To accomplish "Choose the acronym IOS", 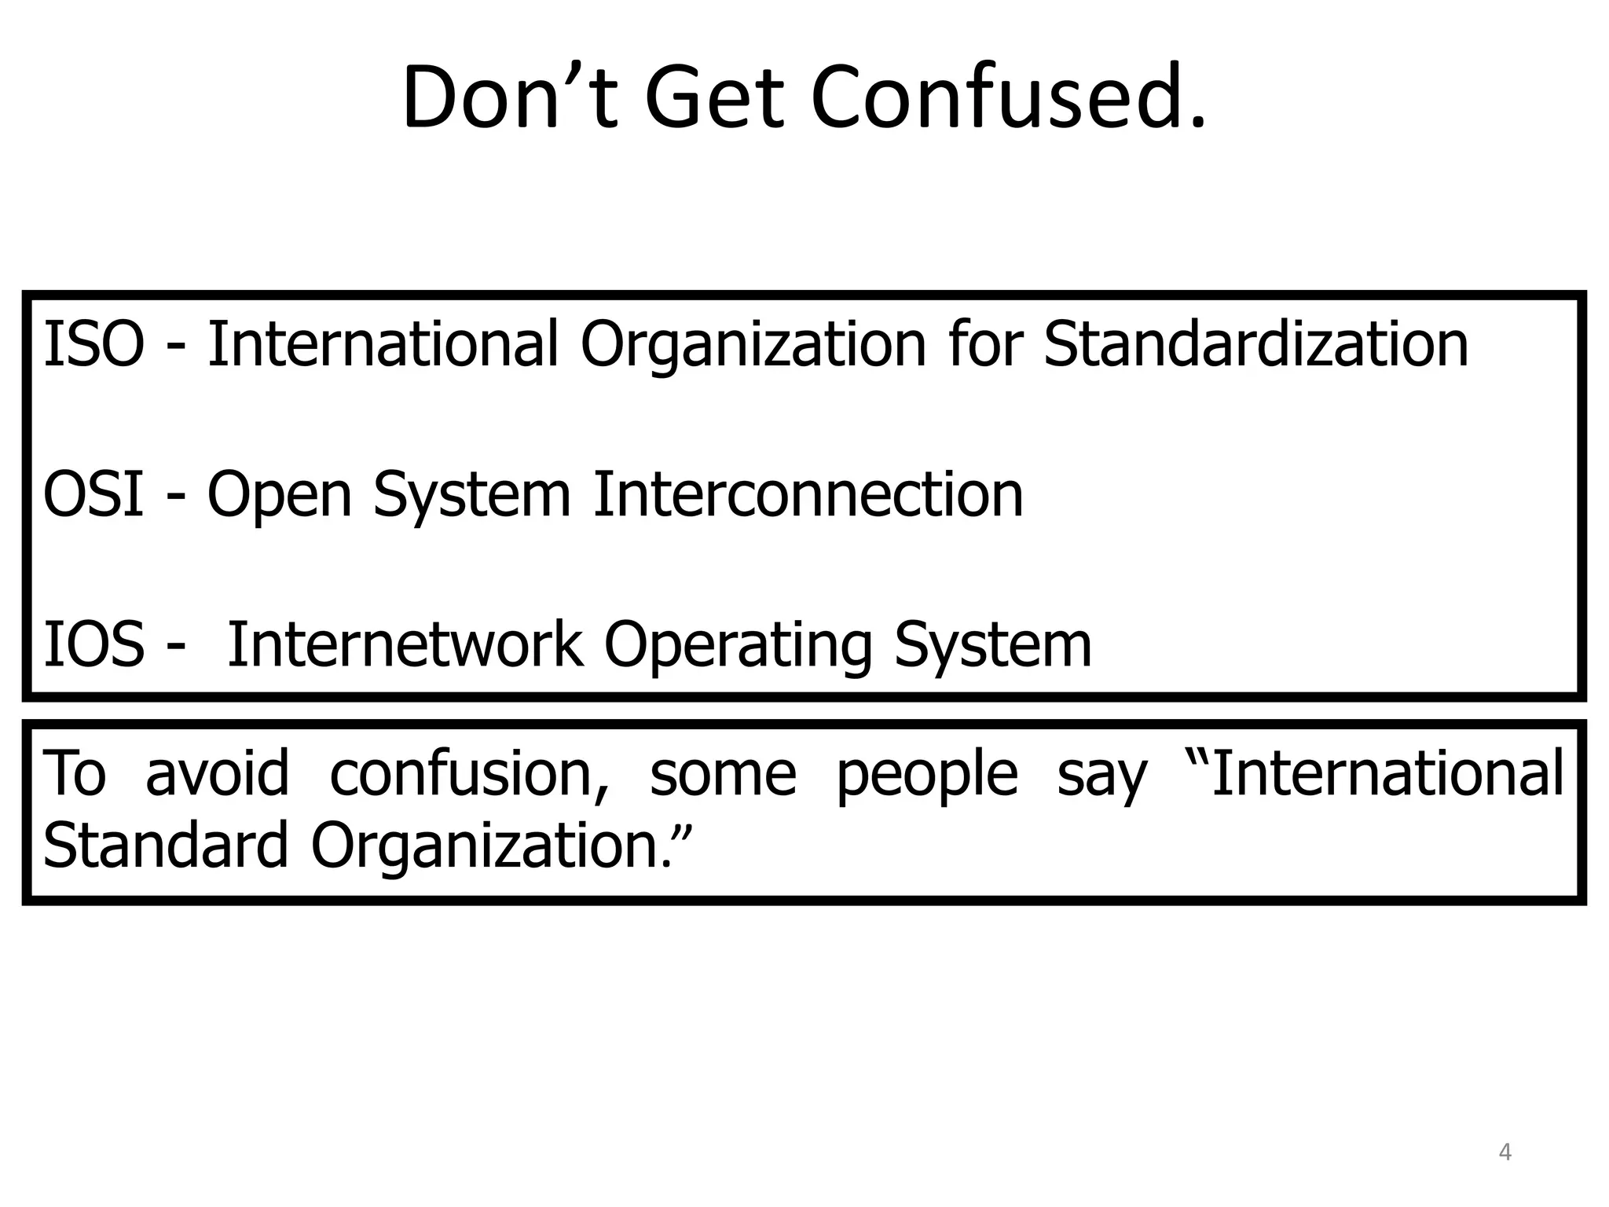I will (93, 644).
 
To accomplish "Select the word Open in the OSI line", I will (279, 495).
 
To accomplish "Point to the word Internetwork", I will (405, 644).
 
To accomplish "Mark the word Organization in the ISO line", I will (753, 346).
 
